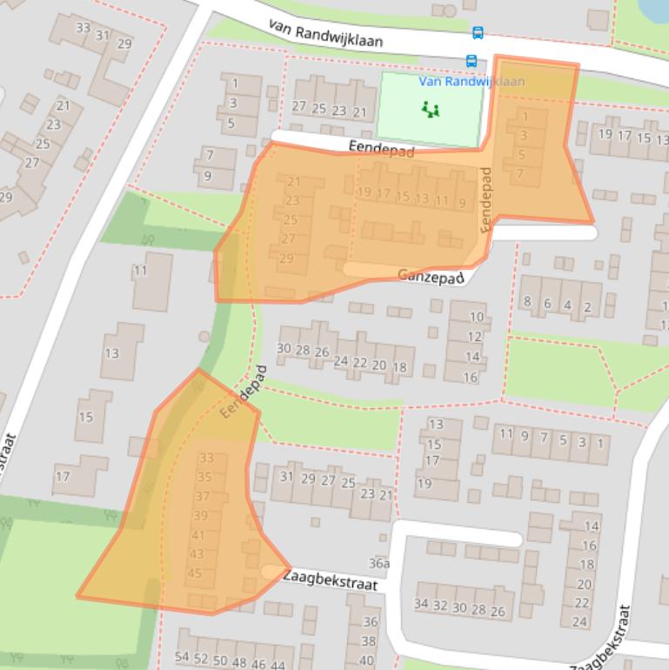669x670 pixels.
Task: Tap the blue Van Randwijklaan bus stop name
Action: (x=472, y=82)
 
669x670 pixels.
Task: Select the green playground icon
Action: (x=430, y=110)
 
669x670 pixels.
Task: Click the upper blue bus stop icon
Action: (x=478, y=33)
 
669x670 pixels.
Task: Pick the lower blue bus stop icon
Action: (x=471, y=61)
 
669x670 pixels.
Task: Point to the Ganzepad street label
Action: (x=426, y=275)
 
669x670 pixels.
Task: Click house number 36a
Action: (x=378, y=563)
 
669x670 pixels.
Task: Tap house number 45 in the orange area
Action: (x=196, y=573)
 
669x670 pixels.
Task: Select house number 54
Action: (x=182, y=657)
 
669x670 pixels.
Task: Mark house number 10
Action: (x=475, y=317)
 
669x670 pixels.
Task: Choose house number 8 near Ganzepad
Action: (x=526, y=303)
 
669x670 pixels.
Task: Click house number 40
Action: (x=367, y=660)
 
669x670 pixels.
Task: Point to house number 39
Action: (x=200, y=515)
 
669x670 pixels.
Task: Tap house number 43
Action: (x=197, y=553)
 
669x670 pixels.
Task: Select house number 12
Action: (x=474, y=337)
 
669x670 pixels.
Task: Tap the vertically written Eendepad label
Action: (x=485, y=198)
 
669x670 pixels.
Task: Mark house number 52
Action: (x=201, y=659)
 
